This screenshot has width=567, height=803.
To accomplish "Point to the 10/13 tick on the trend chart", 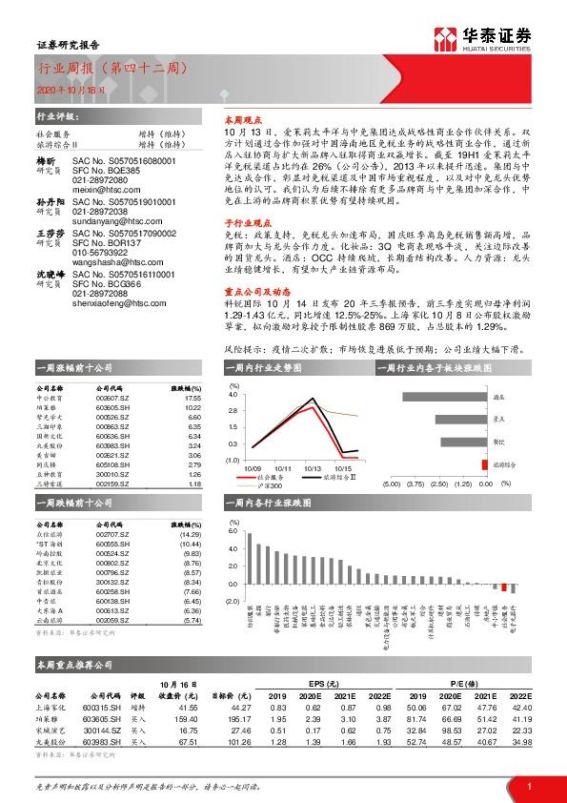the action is click(x=314, y=468).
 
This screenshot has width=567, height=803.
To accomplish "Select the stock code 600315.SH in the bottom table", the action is click(x=109, y=707).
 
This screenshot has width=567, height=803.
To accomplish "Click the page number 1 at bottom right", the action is click(x=528, y=785).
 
